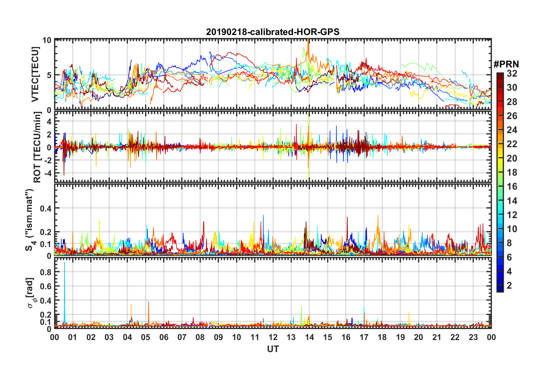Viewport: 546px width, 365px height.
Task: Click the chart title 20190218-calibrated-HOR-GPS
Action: [273, 32]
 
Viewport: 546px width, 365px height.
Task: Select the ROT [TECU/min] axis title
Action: [37, 147]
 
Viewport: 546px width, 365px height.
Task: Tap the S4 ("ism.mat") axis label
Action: [30, 220]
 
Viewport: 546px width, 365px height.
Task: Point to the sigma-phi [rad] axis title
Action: [31, 293]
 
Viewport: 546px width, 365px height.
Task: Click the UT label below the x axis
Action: [273, 349]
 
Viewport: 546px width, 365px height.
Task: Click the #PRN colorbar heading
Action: [506, 64]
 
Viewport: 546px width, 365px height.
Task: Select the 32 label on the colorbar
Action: [512, 73]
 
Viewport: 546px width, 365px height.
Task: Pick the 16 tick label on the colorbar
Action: [512, 187]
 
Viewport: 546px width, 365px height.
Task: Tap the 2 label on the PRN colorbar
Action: [509, 286]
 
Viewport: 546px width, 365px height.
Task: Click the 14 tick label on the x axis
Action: [309, 337]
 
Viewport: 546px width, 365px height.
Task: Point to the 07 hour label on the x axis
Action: [182, 337]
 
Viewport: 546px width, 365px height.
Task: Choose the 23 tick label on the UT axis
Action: [473, 337]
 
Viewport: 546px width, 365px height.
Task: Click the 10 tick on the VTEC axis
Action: [47, 40]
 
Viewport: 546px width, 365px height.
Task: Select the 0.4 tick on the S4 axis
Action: [46, 208]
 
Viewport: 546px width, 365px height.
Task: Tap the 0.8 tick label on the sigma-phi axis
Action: [46, 272]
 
